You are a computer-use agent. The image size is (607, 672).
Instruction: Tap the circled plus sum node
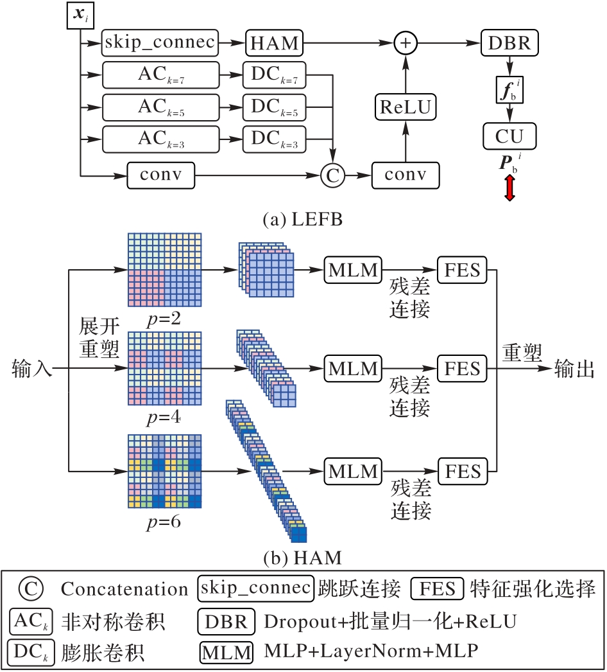click(x=406, y=43)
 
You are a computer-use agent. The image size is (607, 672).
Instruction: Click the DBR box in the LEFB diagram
click(x=510, y=44)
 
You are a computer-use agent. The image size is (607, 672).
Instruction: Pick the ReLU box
click(x=406, y=106)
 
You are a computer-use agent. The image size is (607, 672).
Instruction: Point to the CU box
click(x=509, y=136)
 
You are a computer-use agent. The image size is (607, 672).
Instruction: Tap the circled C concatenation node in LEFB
click(x=333, y=173)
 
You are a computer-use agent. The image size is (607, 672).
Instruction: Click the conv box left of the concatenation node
click(x=160, y=173)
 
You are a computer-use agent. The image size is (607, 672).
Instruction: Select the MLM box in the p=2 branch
click(x=352, y=270)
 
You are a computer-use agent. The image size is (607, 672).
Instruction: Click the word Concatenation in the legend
click(x=124, y=588)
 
